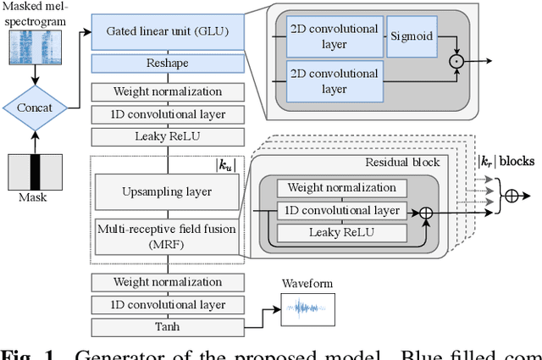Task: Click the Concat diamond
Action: coord(34,108)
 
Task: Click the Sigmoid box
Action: coord(412,36)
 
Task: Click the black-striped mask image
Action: coord(34,173)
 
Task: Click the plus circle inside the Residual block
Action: coord(427,211)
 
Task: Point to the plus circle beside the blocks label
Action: coord(512,194)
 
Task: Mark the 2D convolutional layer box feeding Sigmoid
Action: coord(333,36)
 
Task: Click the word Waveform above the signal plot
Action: coord(307,284)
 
